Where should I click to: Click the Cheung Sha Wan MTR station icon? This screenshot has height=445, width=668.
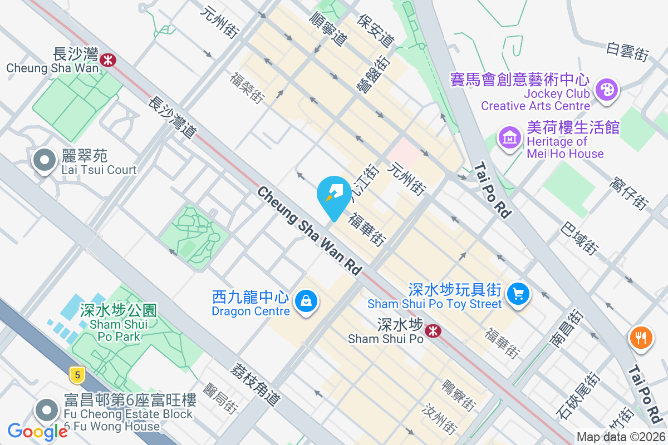(109, 58)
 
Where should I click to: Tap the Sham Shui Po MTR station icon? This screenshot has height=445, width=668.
(431, 331)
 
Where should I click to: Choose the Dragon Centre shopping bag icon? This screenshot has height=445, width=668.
(306, 301)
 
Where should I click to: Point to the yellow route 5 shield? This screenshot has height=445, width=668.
(77, 374)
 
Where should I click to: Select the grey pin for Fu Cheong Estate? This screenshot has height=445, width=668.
(47, 411)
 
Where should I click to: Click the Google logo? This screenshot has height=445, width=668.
(37, 432)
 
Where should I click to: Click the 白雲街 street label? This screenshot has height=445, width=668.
(628, 52)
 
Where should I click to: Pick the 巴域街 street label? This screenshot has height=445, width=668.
(580, 239)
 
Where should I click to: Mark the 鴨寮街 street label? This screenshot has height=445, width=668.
(459, 394)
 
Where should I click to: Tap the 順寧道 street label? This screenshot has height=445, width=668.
(328, 29)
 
